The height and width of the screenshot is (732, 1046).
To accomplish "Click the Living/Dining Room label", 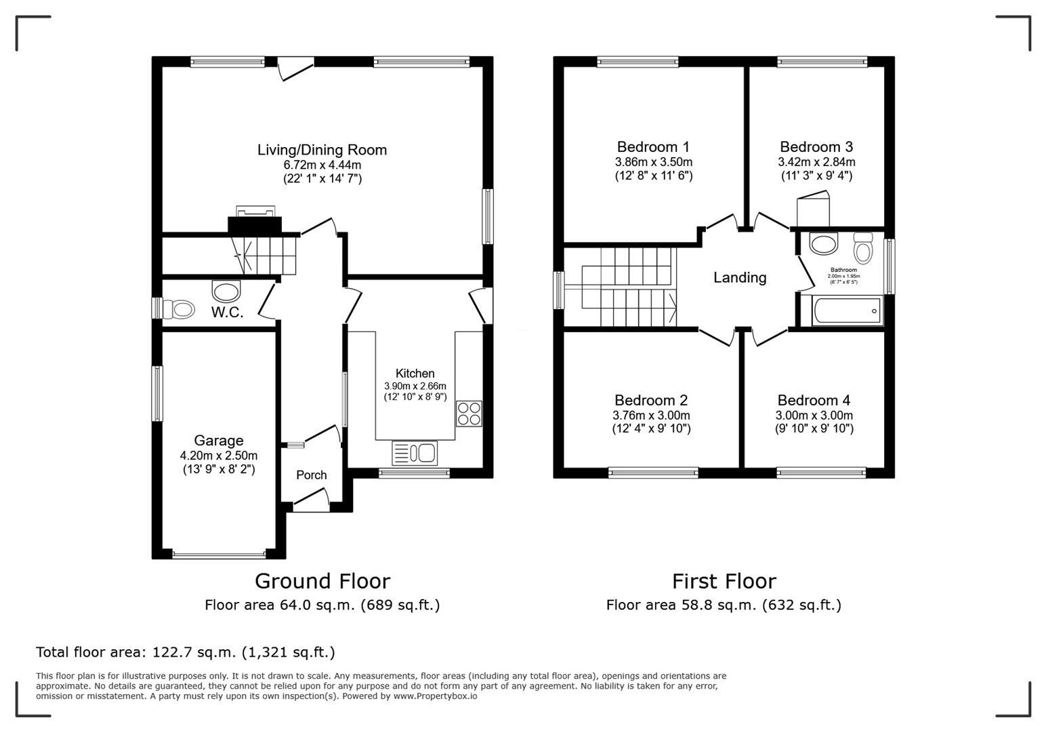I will point(322,150).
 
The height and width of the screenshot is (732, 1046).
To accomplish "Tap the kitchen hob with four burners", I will point(469,413).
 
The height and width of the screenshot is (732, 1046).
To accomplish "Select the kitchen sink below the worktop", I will point(415,453).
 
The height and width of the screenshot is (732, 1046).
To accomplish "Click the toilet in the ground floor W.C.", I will point(179,310).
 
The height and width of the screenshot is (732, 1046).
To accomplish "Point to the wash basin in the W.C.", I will point(226,291).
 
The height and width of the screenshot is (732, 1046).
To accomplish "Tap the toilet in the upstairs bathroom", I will point(863,249).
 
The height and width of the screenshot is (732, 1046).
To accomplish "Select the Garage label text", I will point(218,441).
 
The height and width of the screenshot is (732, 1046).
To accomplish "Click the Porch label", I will point(312,475).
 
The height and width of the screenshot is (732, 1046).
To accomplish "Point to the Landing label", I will point(740,277).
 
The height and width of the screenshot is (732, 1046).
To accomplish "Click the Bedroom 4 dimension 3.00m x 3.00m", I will point(814,415).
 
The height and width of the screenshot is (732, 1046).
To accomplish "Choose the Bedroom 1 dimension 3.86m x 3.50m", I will point(653,162).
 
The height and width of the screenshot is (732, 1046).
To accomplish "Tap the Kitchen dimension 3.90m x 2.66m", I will point(415,386).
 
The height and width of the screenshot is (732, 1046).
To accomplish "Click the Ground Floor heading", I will point(322,581).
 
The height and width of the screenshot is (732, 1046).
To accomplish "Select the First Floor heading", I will point(724,581).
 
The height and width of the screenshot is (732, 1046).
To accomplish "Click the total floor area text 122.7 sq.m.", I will point(185,652).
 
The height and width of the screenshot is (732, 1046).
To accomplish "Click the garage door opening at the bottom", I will point(219,554).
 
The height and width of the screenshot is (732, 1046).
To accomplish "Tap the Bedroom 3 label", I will point(816,146).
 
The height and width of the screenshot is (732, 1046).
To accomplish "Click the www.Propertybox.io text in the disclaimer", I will point(434,696).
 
